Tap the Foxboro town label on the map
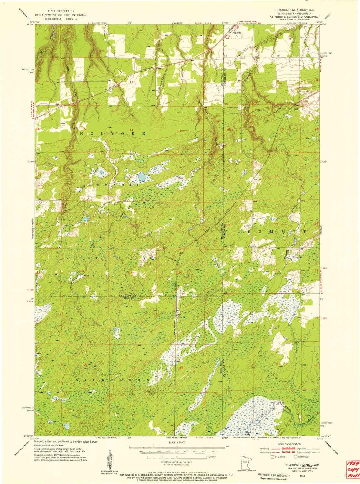pos(237,32)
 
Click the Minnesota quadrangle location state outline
pos(243,461)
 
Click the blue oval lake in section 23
pos(141,177)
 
